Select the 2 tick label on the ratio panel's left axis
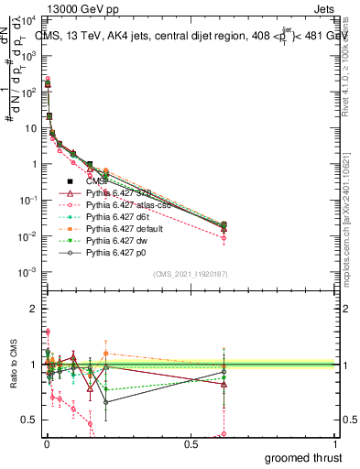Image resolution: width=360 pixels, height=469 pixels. [33, 310]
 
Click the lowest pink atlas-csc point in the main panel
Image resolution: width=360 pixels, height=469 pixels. [224, 238]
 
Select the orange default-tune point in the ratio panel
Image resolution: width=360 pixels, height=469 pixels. [107, 353]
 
